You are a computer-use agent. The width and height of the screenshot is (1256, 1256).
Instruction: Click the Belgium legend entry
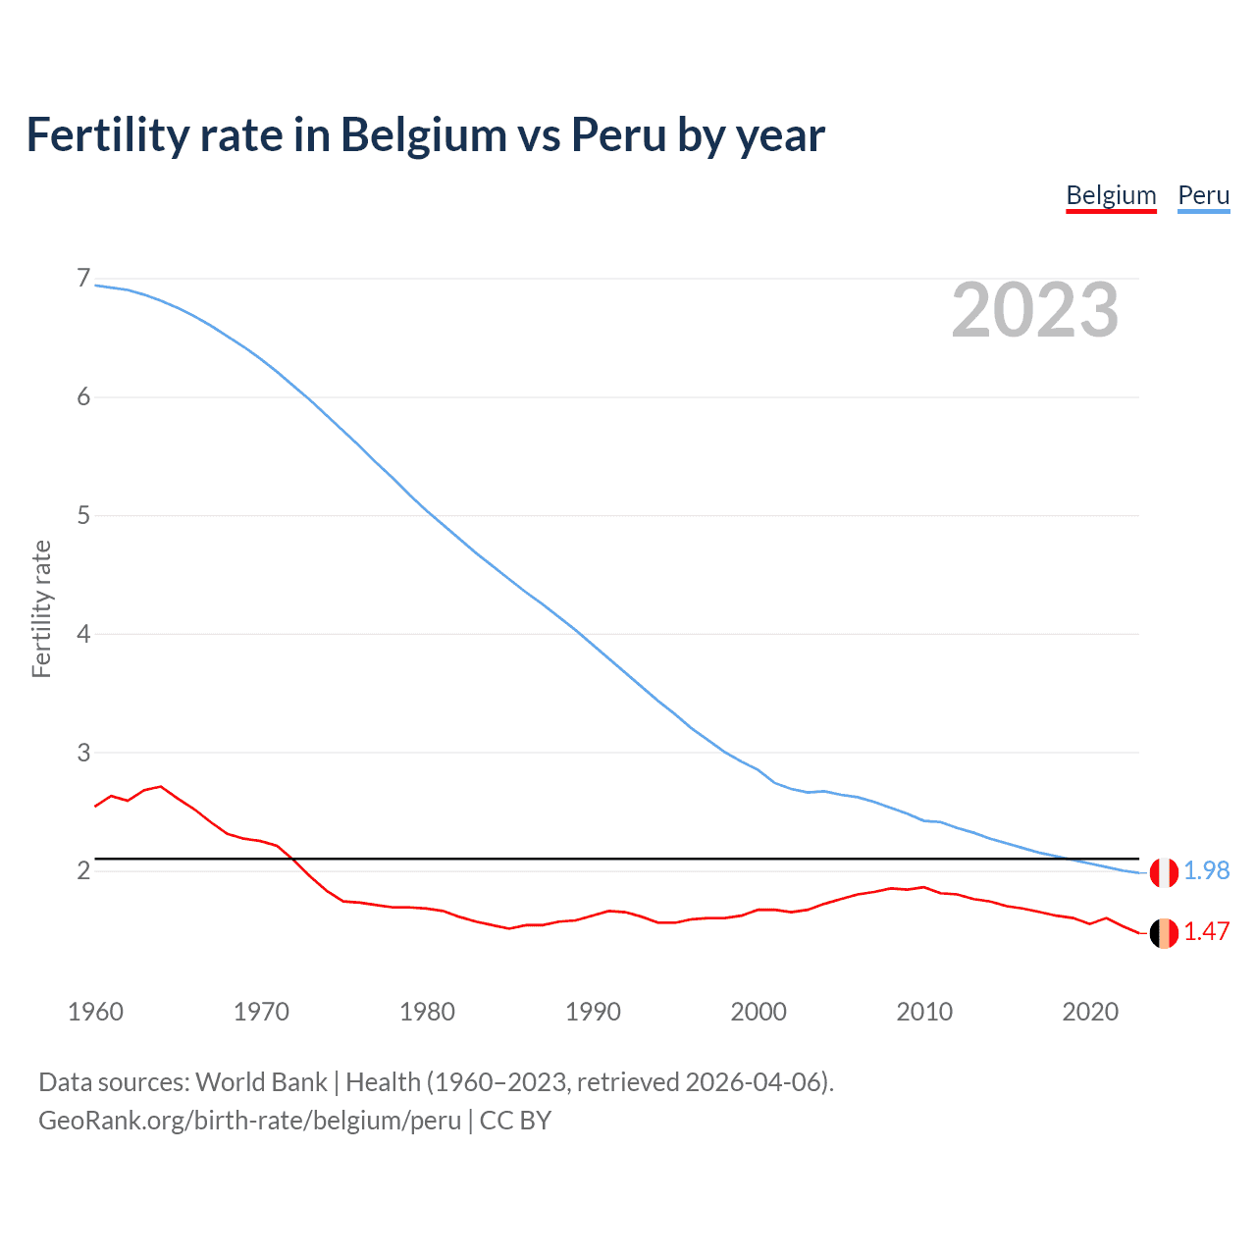click(x=1111, y=195)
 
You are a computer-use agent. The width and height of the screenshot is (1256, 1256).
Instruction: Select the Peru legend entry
click(x=1203, y=195)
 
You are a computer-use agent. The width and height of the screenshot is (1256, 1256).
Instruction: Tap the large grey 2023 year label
click(x=1034, y=310)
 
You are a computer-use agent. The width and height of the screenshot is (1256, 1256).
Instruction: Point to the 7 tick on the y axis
click(x=83, y=279)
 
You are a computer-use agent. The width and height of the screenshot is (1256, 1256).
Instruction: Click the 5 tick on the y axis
click(x=83, y=515)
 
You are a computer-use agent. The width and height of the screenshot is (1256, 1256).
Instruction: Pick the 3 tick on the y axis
click(x=83, y=753)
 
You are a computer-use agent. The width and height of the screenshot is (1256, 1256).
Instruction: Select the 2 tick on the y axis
click(x=83, y=870)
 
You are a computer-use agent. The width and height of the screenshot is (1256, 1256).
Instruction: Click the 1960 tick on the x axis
click(x=95, y=1012)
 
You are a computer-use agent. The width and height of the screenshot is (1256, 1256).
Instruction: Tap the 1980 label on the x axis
click(x=427, y=1012)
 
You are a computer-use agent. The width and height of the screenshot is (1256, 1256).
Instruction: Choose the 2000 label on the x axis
click(x=759, y=1012)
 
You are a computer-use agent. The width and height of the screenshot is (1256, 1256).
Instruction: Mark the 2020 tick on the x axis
click(x=1090, y=1012)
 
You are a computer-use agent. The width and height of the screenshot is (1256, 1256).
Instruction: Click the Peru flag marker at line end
click(x=1164, y=872)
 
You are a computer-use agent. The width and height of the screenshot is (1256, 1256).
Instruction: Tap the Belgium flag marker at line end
click(x=1164, y=933)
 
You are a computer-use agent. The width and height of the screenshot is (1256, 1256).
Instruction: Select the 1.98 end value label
click(x=1206, y=871)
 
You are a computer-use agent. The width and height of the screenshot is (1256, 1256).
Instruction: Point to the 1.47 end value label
click(x=1206, y=932)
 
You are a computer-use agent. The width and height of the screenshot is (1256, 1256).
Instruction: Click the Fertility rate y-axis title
click(x=41, y=608)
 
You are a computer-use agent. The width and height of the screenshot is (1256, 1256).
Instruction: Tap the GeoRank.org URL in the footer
click(x=249, y=1121)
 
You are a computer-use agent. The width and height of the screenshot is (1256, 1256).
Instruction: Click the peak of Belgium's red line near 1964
click(x=161, y=786)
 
